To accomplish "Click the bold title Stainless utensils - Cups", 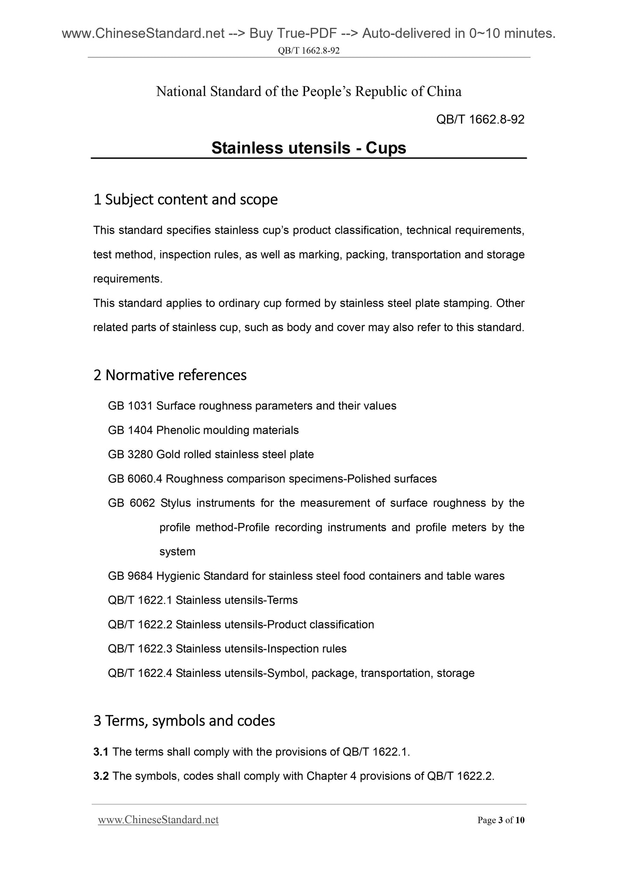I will (308, 148).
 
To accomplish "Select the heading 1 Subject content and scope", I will (185, 199).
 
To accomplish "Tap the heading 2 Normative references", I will (170, 375).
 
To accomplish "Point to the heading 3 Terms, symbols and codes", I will (184, 721).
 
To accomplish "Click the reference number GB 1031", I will (130, 406).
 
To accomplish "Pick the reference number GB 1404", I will (130, 430).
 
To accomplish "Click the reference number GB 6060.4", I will (135, 479).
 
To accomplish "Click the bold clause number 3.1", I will (101, 752).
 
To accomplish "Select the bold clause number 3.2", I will (101, 777).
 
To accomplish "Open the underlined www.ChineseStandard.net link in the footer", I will (158, 820).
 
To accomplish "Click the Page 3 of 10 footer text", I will (501, 821).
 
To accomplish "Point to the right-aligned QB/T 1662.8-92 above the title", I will (480, 120).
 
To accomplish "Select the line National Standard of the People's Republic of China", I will (308, 92).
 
